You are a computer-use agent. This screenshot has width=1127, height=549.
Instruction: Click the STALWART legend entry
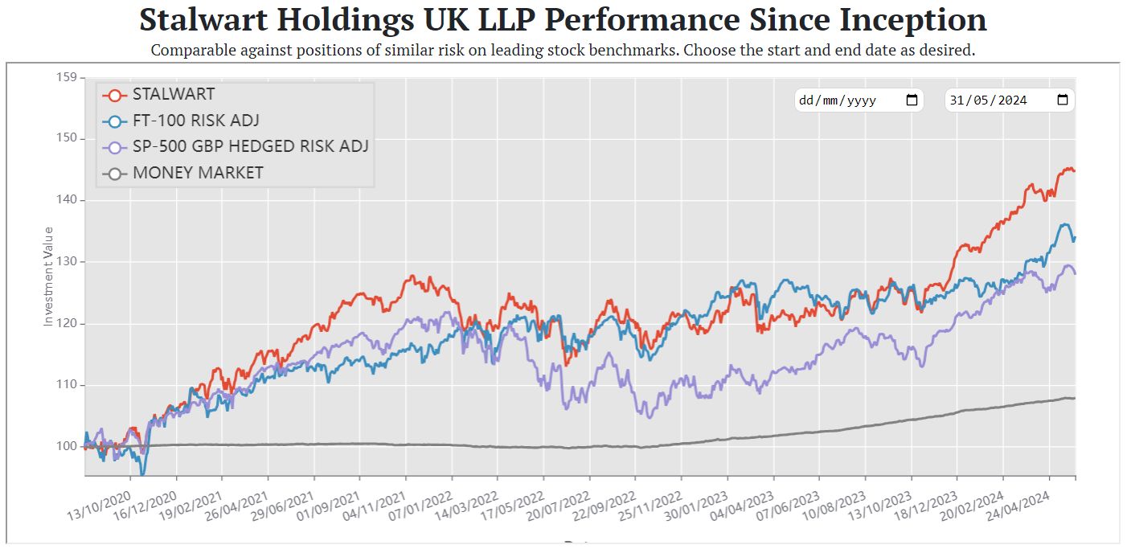click(173, 94)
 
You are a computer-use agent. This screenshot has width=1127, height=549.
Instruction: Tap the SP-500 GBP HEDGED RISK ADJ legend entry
click(250, 146)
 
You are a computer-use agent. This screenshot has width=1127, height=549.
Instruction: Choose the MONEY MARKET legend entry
click(198, 173)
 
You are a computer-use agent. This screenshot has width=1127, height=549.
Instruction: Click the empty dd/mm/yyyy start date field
click(848, 100)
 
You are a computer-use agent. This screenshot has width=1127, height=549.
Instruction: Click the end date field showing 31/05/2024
click(997, 100)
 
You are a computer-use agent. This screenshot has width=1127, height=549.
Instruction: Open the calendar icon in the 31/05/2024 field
click(1062, 100)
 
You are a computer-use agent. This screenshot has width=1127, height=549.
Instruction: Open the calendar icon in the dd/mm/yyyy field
click(912, 100)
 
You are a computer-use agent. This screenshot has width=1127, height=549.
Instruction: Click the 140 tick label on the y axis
click(68, 199)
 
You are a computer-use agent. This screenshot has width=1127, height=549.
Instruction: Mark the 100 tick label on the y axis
click(68, 446)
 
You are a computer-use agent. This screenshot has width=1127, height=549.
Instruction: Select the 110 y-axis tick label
click(68, 384)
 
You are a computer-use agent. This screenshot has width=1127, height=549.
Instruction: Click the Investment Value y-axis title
click(48, 276)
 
